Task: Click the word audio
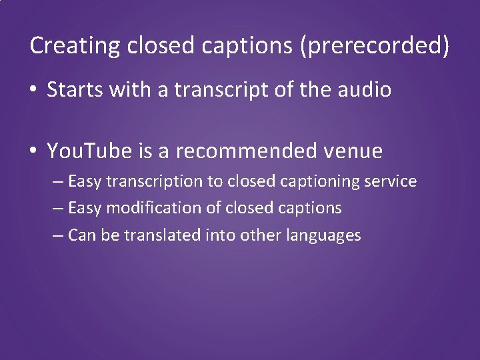click(365, 91)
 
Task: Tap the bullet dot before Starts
click(34, 91)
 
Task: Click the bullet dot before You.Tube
click(34, 152)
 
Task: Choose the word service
click(393, 181)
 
